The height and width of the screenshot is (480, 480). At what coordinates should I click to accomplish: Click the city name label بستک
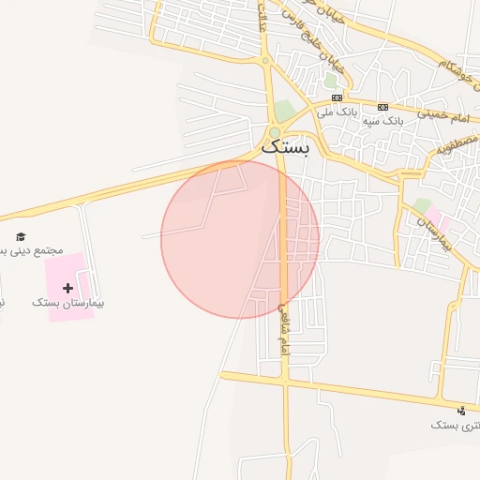tap(284, 146)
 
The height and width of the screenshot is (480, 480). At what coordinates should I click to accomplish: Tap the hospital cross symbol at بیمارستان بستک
tap(67, 287)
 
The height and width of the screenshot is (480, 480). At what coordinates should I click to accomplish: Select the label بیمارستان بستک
tap(67, 303)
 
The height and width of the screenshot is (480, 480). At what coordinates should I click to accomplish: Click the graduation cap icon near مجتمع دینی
tap(21, 236)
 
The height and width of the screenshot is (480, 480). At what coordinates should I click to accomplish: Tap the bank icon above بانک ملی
tap(337, 97)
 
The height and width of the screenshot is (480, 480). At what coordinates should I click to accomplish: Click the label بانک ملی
tap(337, 112)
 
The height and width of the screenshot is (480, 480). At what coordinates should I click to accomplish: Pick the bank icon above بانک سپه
tap(382, 107)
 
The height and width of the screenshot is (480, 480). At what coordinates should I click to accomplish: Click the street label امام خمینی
tap(446, 116)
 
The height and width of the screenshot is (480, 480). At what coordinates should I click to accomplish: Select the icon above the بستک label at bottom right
tap(461, 410)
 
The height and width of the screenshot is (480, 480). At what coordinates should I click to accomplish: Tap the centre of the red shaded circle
tap(240, 239)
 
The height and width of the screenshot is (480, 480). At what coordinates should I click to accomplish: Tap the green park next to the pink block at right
tap(423, 205)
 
